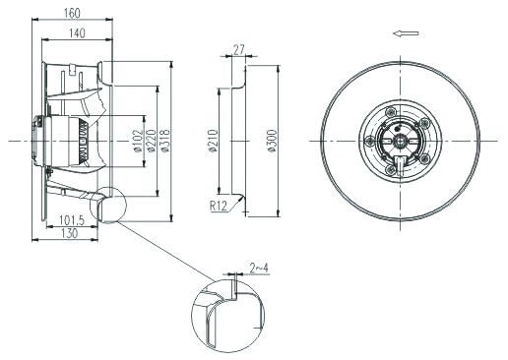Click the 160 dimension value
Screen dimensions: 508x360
(x=72, y=13)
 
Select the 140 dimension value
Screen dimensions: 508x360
(x=77, y=33)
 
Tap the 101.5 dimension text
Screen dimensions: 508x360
(x=72, y=220)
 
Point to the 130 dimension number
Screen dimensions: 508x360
(x=70, y=233)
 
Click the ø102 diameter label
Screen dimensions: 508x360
(x=139, y=142)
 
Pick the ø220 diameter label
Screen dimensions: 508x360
(x=152, y=142)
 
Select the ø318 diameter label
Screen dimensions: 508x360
(x=165, y=142)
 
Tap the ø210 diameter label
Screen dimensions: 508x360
(x=214, y=142)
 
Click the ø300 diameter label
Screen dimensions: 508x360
(x=273, y=142)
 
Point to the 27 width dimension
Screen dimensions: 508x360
(x=239, y=50)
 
